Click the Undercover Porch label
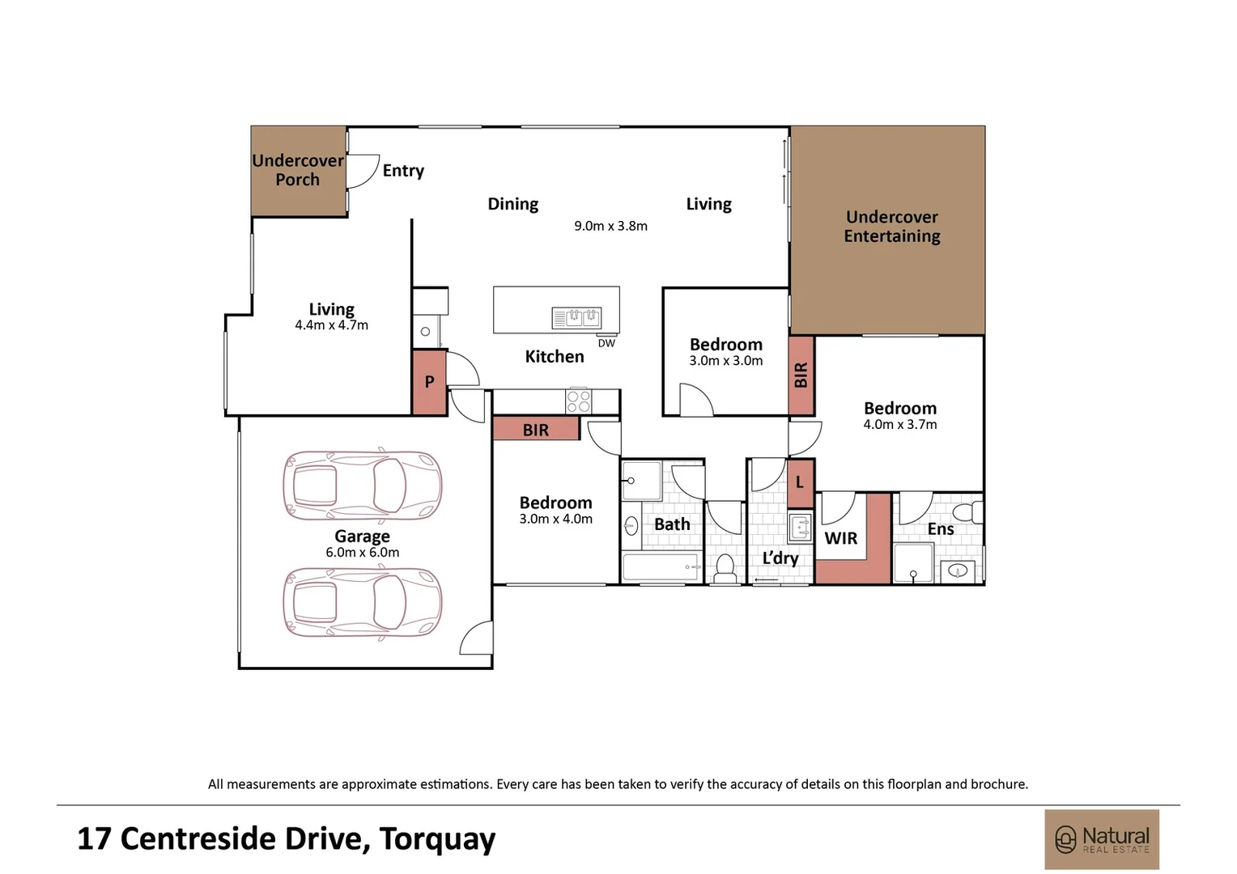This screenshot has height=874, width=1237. point(298,170)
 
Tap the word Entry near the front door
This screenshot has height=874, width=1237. point(403,170)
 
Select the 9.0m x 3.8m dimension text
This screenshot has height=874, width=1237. point(610,227)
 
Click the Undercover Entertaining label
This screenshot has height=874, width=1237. point(891,227)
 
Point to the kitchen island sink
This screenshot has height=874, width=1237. point(576,317)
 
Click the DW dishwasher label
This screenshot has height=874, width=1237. point(606,343)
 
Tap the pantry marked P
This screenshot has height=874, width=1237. point(429,382)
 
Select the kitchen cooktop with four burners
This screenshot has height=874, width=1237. point(578,401)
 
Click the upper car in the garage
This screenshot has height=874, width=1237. point(362,486)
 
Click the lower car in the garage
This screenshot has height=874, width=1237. point(362,602)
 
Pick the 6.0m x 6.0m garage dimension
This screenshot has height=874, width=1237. point(362,553)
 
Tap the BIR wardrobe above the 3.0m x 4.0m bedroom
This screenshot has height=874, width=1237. point(535,430)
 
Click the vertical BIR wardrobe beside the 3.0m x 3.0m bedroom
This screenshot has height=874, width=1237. point(801,375)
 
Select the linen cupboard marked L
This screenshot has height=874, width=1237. point(800,483)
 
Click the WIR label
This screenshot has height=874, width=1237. point(840,538)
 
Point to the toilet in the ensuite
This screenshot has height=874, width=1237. point(966,512)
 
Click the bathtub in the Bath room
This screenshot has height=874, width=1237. point(661,567)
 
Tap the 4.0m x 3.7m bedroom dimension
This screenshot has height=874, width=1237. point(899,425)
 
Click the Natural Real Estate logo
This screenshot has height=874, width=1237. point(1101,839)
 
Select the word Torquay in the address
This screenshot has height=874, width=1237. point(437,839)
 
